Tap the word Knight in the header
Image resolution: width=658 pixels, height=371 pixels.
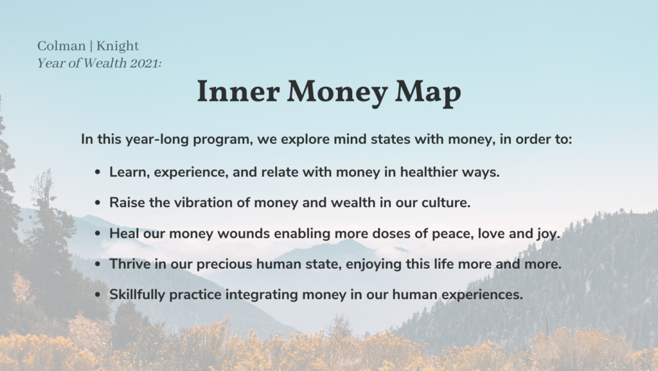tap(118, 46)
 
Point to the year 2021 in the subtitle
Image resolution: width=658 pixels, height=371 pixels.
tap(145, 63)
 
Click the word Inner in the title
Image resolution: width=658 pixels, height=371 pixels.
tap(238, 91)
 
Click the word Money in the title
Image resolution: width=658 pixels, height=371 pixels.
tap(337, 93)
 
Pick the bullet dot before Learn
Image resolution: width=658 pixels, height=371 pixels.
tap(98, 172)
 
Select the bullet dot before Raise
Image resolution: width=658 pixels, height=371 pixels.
tap(98, 203)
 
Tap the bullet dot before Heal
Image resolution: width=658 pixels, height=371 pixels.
tap(98, 233)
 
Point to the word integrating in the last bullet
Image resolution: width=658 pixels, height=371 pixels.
tap(262, 295)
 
